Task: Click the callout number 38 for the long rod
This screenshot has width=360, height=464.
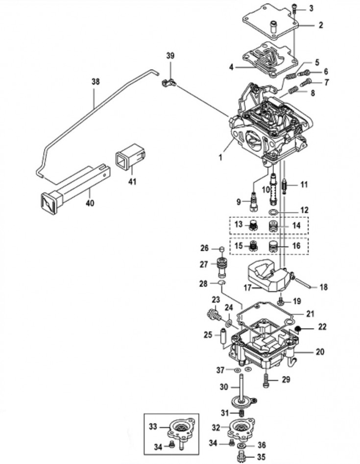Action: pos(96,81)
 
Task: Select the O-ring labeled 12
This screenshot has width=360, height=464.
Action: pos(273,212)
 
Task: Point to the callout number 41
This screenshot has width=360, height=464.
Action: pos(132,181)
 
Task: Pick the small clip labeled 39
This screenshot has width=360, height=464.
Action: pos(168,83)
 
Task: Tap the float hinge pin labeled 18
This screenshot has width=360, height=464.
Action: pos(302,283)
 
